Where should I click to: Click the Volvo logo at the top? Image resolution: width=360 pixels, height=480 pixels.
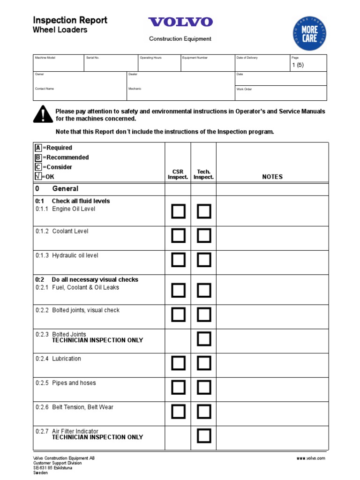point(180,22)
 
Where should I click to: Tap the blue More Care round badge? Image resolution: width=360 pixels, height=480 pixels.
point(309,33)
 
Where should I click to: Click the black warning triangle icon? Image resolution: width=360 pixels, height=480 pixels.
point(43,114)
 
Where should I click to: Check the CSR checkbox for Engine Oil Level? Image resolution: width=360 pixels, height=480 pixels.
point(178,211)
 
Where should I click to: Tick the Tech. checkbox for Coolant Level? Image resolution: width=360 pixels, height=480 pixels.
point(204,236)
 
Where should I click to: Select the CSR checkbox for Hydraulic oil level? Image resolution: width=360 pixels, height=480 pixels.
point(178,260)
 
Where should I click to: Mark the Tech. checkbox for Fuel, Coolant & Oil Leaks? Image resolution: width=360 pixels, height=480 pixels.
point(204,291)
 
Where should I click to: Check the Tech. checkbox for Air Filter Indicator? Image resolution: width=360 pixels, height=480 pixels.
point(204,436)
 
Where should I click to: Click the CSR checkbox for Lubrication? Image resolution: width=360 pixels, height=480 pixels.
point(178,363)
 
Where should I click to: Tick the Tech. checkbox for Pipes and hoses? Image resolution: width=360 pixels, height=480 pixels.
point(204,387)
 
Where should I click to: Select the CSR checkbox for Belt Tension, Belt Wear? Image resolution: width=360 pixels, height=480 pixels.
point(178,412)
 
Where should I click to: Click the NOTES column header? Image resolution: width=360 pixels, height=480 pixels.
point(272,177)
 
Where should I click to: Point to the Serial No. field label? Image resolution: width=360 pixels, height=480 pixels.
point(93,58)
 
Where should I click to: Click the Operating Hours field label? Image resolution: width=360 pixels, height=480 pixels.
point(151,58)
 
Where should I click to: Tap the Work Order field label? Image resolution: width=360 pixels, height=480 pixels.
point(244,89)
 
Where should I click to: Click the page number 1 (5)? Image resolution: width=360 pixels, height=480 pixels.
point(298,65)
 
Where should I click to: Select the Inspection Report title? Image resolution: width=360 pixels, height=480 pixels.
point(70,20)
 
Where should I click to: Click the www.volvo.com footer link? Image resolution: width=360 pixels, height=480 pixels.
point(311,458)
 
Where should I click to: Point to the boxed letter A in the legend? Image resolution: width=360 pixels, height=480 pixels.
point(38,148)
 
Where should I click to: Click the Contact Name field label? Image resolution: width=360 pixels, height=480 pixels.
point(45,89)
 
